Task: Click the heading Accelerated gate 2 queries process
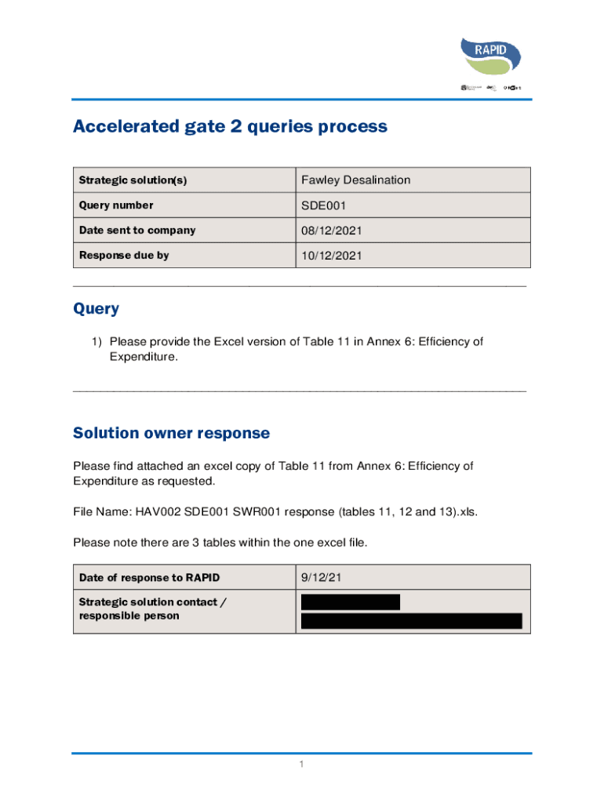(230, 126)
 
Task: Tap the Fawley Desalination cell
(355, 180)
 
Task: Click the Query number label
(116, 205)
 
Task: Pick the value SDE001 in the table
(323, 205)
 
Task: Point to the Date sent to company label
(137, 231)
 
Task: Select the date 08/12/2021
(332, 231)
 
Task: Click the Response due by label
(124, 256)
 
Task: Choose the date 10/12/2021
(332, 256)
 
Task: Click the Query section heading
(96, 309)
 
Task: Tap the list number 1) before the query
(96, 342)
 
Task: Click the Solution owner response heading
(171, 433)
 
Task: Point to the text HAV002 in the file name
(157, 511)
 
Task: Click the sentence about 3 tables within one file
(220, 542)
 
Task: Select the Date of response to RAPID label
(149, 578)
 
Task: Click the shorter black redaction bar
(351, 602)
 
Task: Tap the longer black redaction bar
(412, 621)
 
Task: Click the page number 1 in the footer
(301, 764)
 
